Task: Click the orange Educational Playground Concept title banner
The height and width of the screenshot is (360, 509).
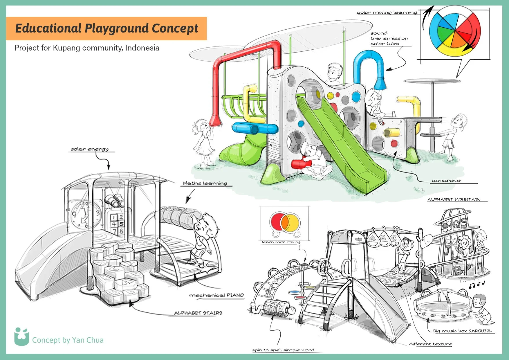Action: [x=106, y=28]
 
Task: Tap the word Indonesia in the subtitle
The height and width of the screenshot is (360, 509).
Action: [x=142, y=48]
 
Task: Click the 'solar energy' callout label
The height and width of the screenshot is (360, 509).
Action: [x=90, y=149]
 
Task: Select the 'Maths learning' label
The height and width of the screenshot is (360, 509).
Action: [x=205, y=183]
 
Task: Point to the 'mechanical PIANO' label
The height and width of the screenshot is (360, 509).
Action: [x=216, y=295]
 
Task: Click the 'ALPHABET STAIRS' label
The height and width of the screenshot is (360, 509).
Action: [x=198, y=313]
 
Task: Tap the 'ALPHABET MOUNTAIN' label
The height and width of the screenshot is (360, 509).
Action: [x=454, y=200]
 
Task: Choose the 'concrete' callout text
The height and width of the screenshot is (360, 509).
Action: [x=446, y=181]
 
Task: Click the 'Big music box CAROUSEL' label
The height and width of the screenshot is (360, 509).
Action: [x=462, y=331]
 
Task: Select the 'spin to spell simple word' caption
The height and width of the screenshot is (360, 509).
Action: [x=283, y=350]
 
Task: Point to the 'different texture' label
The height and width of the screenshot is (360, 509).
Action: [x=430, y=344]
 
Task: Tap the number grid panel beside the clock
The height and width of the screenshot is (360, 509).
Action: [x=118, y=224]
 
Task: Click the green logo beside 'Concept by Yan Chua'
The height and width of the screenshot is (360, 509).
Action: [x=21, y=337]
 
